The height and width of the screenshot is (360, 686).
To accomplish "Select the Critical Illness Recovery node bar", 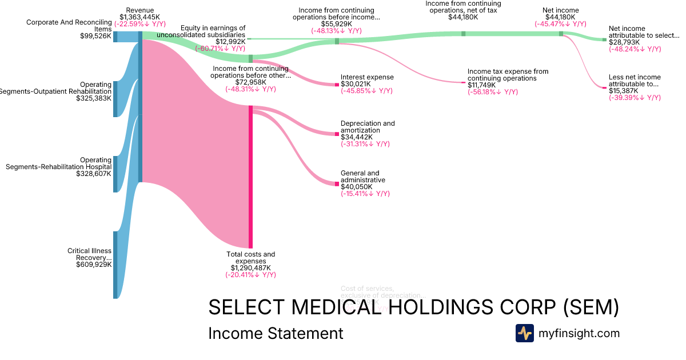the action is [115, 265].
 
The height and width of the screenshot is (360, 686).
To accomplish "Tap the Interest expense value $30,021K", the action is [356, 84].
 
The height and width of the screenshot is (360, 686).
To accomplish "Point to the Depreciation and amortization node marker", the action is [337, 134].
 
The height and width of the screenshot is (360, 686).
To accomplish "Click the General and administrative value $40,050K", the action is [356, 187].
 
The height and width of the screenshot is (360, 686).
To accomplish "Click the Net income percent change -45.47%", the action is [560, 24].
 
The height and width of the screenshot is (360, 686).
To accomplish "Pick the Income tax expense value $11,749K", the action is [482, 85].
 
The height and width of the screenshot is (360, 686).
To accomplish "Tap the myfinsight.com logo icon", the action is [525, 333].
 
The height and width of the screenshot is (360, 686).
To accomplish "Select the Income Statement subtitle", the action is [276, 333].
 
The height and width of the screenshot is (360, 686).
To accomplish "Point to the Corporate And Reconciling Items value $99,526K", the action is [95, 35].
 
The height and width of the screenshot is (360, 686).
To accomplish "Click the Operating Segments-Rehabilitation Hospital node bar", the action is [115, 174].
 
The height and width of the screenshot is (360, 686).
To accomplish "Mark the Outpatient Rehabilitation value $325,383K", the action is [94, 98].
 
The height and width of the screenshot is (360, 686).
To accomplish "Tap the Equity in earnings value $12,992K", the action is [230, 41].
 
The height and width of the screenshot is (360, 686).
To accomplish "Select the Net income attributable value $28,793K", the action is [624, 42].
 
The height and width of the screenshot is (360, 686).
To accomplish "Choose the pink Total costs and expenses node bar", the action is [250, 177].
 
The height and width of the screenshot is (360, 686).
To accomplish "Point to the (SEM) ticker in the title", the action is [591, 307].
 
